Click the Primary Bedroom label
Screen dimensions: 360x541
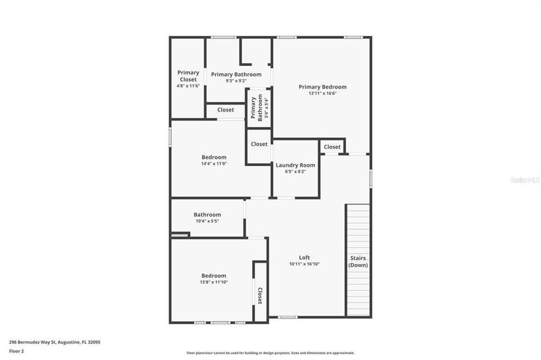tap(322, 87)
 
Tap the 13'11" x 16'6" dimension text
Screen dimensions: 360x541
tap(322, 94)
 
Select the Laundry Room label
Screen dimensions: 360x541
tap(295, 165)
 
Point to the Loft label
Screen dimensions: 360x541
tap(304, 257)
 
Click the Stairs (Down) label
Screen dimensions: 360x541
tap(358, 262)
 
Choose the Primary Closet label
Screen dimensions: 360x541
tap(188, 76)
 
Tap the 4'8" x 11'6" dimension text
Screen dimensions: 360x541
tap(188, 86)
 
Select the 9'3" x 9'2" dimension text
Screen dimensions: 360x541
tap(236, 81)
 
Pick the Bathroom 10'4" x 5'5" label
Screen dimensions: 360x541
tap(207, 217)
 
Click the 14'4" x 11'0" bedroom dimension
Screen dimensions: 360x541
tap(214, 164)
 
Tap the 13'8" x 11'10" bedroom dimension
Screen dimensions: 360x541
tap(214, 282)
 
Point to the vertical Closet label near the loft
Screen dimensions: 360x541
tap(260, 296)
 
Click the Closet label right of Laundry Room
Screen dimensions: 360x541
tap(332, 147)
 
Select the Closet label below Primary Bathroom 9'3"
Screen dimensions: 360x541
tap(226, 110)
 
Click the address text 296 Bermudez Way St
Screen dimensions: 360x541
tap(55, 342)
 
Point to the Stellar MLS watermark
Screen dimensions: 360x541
tap(524, 179)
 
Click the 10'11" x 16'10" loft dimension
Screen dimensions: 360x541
tap(304, 264)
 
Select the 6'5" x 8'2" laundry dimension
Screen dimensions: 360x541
tap(295, 172)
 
